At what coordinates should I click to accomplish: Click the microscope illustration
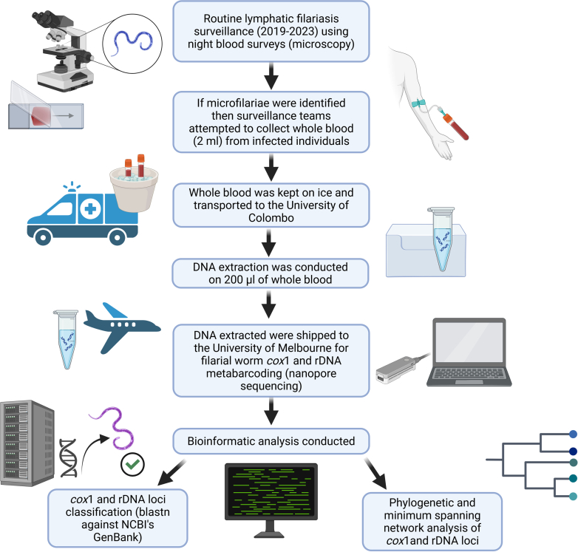[x=64, y=51]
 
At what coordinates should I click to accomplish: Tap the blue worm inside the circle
[x=132, y=42]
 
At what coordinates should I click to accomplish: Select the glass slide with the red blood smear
[x=46, y=111]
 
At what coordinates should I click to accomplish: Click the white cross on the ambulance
[x=90, y=209]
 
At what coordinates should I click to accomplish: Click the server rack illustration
[x=27, y=443]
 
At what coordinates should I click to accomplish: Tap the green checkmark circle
[x=132, y=464]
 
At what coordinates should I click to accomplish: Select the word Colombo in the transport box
[x=271, y=218]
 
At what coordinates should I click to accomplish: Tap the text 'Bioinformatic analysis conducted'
[x=271, y=441]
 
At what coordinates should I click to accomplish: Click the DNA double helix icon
[x=68, y=457]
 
